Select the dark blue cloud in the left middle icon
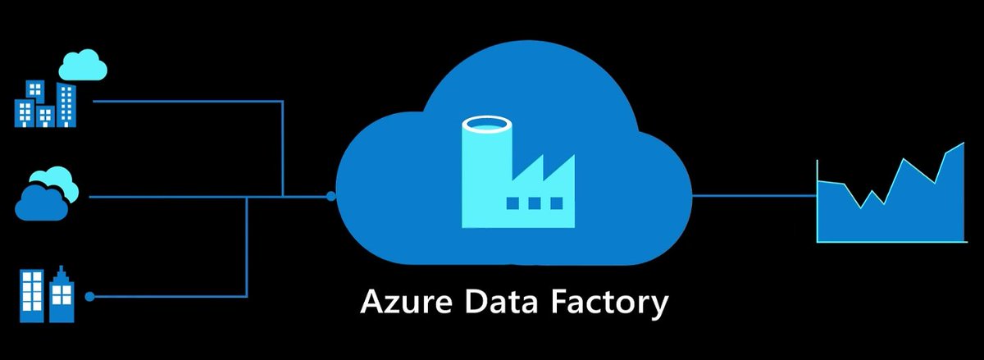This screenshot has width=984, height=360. click(x=39, y=202)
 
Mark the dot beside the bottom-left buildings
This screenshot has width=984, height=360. click(x=89, y=296)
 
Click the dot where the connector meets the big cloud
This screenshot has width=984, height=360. click(x=330, y=196)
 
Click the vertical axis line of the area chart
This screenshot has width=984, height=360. click(x=818, y=201)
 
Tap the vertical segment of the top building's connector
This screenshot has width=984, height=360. click(x=283, y=148)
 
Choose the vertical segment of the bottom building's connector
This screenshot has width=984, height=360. click(x=247, y=246)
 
